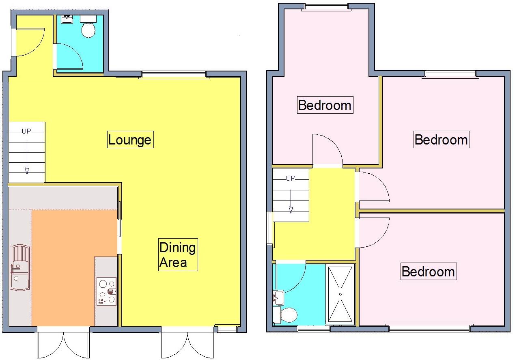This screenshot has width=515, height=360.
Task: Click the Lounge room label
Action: pos(130,140)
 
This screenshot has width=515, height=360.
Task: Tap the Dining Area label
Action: pos(178,254)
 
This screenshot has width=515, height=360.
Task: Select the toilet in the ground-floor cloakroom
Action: pos(88,28)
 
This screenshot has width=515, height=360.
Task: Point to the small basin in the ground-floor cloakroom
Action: pos(67,19)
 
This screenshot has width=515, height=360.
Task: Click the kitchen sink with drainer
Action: pos(20,267)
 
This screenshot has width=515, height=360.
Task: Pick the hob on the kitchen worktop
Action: pos(107,291)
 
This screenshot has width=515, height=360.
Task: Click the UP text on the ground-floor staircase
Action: pos(27,131)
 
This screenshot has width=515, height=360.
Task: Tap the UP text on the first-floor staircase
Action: pos(291,178)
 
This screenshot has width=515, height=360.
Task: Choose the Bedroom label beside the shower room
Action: pos(428,271)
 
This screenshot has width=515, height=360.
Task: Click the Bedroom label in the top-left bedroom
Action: pos(324,105)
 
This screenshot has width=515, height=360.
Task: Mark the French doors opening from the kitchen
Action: pos(63,344)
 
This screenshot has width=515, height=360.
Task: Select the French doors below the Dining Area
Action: pos(187,344)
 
